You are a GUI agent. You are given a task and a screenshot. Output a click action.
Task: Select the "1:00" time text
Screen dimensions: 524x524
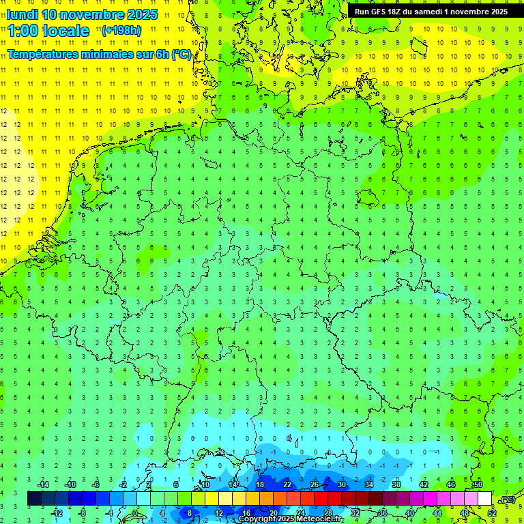23,31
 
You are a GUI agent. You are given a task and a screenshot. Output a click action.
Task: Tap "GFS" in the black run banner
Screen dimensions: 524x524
382,12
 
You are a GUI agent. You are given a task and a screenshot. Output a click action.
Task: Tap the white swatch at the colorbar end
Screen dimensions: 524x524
484,499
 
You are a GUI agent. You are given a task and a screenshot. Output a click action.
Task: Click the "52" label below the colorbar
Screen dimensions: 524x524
491,513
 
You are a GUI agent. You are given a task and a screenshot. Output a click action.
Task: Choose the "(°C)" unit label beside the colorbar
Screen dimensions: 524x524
507,499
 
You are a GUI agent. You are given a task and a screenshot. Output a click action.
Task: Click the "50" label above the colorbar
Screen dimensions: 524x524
478,484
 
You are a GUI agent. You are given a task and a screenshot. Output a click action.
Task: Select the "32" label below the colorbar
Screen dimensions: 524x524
355,513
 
